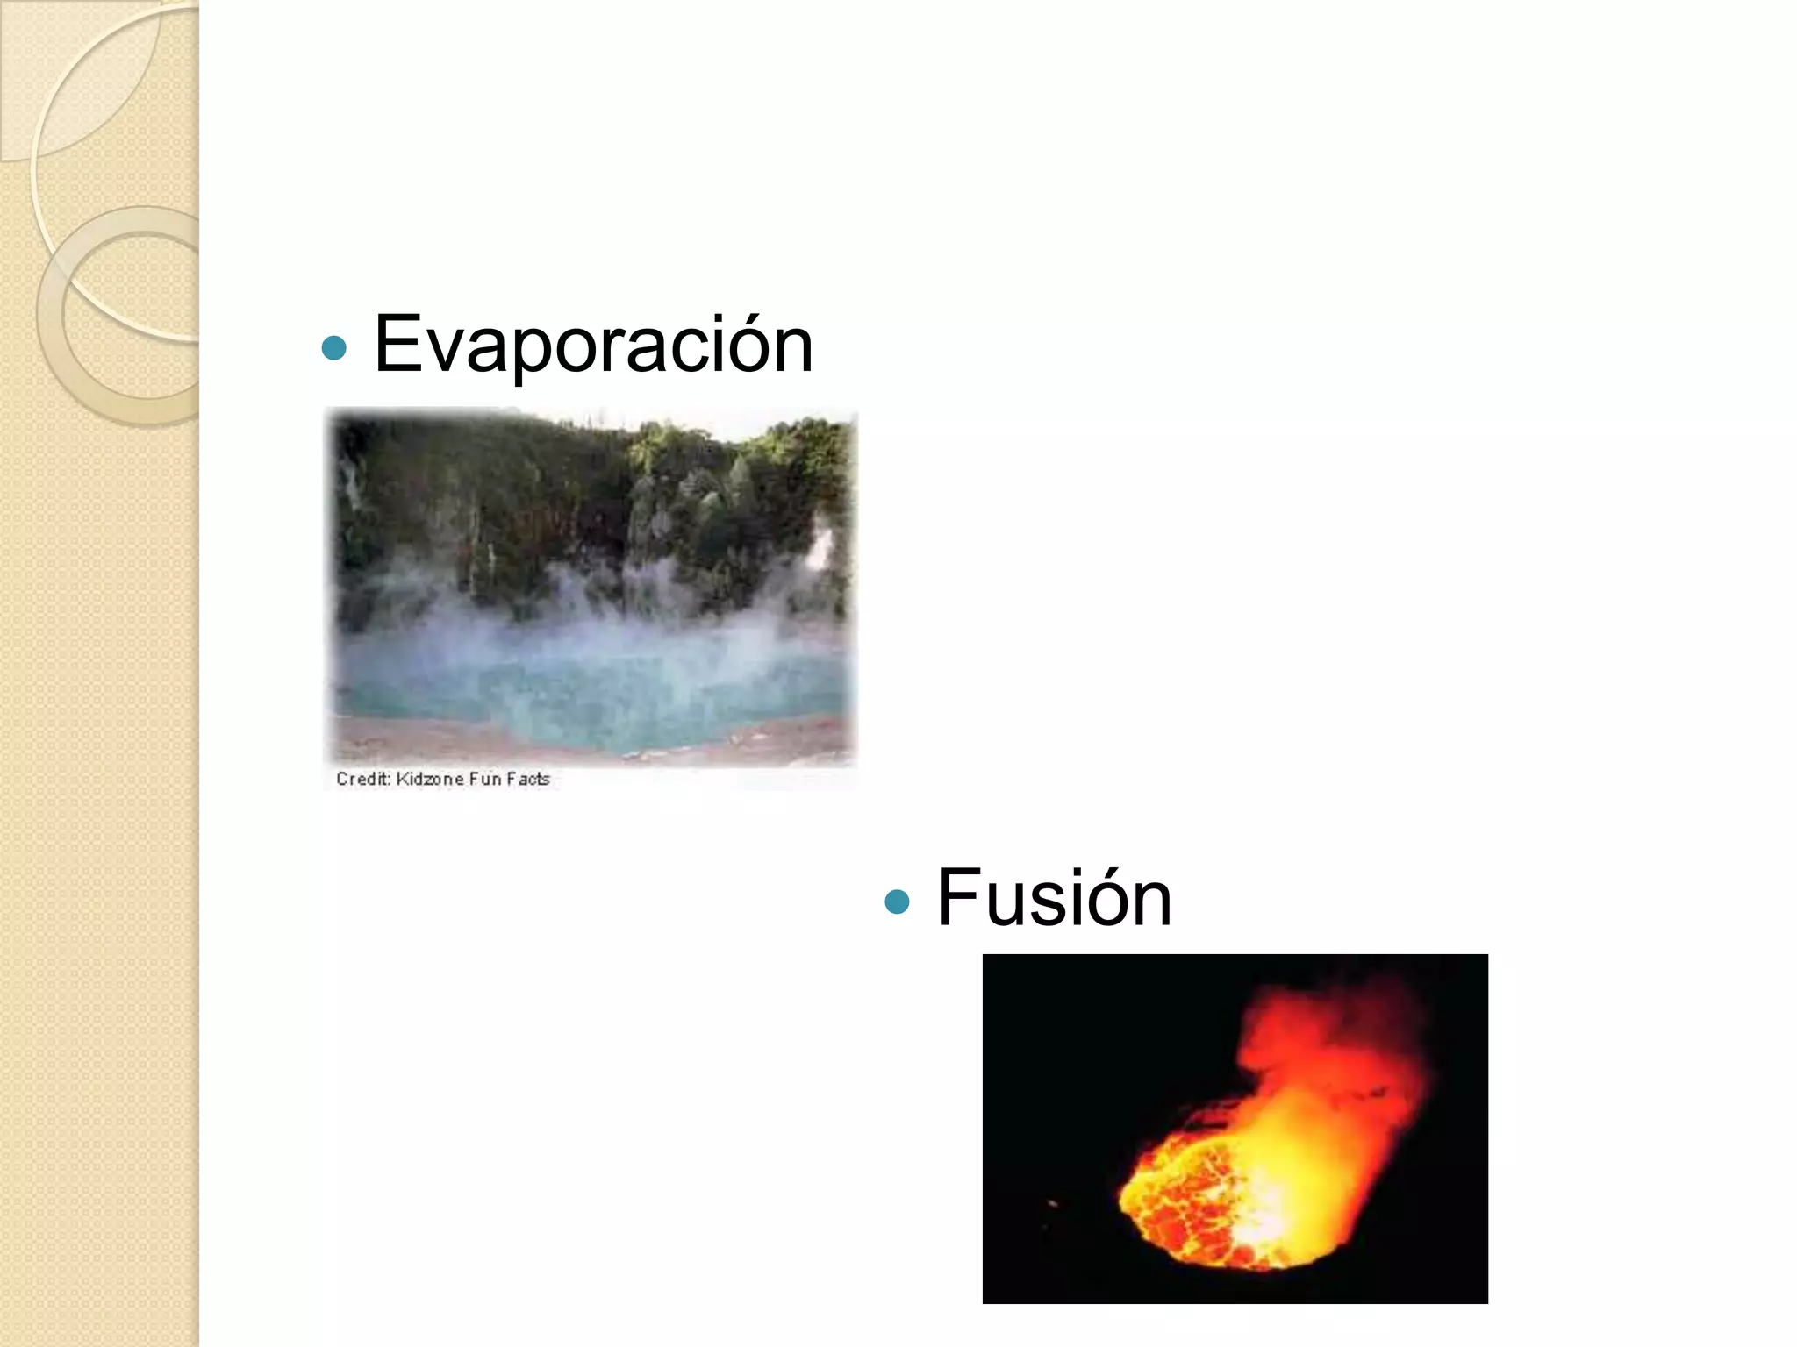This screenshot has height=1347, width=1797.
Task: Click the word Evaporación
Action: click(593, 346)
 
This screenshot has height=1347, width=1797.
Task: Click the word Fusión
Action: click(1054, 898)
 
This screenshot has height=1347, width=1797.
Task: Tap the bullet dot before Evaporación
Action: click(334, 349)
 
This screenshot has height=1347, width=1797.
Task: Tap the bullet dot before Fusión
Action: click(897, 902)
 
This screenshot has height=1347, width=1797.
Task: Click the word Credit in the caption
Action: click(362, 779)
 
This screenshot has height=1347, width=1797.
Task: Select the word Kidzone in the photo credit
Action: click(429, 779)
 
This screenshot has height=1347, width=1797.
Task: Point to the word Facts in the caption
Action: click(527, 779)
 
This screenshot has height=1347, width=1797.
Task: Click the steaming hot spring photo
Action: click(591, 588)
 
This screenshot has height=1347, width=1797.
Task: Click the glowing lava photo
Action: click(1235, 1128)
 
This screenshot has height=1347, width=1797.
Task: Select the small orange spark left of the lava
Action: click(1053, 1204)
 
